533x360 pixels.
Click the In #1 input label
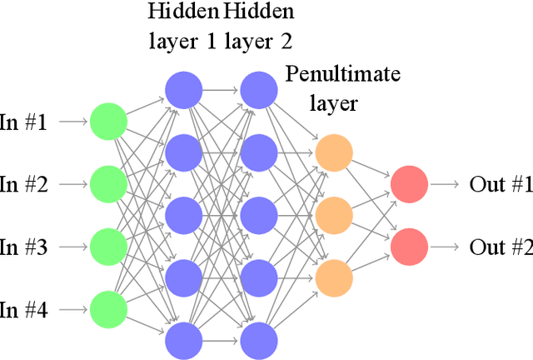(23, 122)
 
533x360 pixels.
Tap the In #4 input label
(23, 311)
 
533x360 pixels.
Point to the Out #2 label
(500, 247)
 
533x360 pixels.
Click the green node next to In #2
(108, 184)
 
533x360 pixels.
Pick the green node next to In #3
(108, 247)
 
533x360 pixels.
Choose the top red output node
(410, 184)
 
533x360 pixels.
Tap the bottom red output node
(410, 247)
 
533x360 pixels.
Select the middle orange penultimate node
(334, 216)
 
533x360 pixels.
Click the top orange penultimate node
(334, 152)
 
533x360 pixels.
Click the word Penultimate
(342, 76)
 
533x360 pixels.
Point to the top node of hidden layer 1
(183, 90)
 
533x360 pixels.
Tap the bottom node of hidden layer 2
(259, 341)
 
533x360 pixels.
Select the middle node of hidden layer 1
(183, 216)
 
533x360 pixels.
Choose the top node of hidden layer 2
(259, 90)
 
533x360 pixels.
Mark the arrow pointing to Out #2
(447, 247)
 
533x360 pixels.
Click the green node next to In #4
(108, 310)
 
